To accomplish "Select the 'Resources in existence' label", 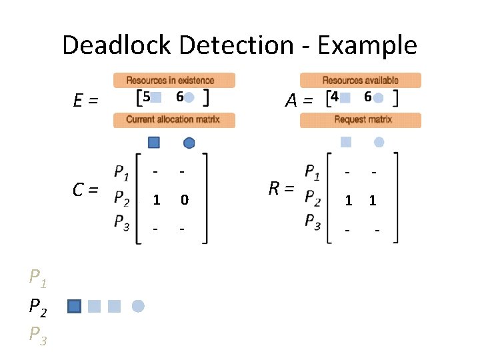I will point(174,81).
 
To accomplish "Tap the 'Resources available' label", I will point(360,81).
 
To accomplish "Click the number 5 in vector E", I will point(146,97).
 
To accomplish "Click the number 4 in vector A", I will point(335,97).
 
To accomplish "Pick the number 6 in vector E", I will point(179,97).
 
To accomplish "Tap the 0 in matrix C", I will point(185,200).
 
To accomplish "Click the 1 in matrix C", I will point(156,200).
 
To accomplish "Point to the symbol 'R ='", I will point(281,189).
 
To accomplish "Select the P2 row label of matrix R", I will point(312,198).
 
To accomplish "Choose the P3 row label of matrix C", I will point(121,222).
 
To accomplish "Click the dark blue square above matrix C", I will point(154,142).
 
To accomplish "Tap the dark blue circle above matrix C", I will point(189,142).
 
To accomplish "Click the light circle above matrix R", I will point(379,141).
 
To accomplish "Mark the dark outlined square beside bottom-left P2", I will point(75,306).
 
